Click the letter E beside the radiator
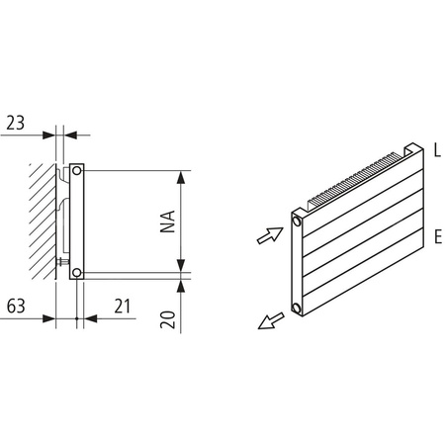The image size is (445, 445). click(x=436, y=237)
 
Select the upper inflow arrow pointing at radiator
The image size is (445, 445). click(x=267, y=235)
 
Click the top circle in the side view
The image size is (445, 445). click(x=78, y=171)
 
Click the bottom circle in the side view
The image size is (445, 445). click(x=78, y=270)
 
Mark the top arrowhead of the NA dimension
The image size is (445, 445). click(x=181, y=178)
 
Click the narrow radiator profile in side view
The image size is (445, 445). click(x=79, y=221)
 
